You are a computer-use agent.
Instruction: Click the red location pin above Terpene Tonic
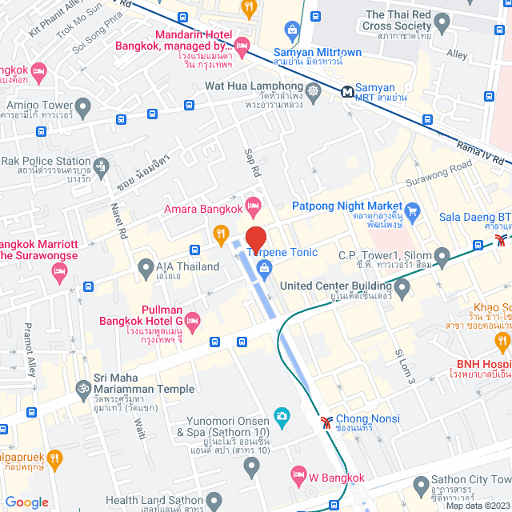[x=255, y=239]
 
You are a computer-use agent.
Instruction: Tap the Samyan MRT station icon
[x=348, y=91]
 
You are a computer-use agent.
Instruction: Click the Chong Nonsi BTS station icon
[x=326, y=419]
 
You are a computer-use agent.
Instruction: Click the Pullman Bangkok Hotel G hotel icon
[x=192, y=320]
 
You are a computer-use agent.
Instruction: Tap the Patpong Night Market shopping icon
[x=413, y=212]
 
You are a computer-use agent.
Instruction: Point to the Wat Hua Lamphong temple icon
[x=313, y=91]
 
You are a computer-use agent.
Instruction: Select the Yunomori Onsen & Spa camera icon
[x=281, y=415]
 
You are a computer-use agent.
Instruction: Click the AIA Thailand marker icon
[x=146, y=266]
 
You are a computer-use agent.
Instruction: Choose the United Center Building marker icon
[x=402, y=286]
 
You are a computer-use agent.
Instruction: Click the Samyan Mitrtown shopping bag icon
[x=291, y=31]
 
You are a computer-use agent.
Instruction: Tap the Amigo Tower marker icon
[x=83, y=106]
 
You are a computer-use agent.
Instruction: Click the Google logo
[x=26, y=502]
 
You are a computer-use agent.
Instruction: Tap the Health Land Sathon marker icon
[x=214, y=501]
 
